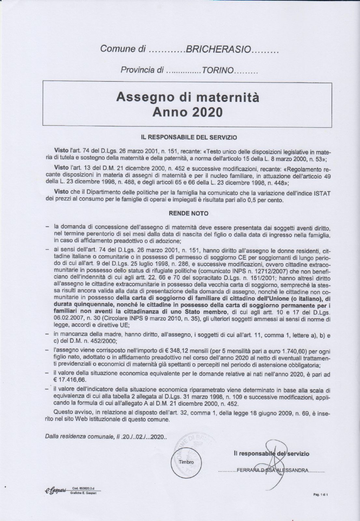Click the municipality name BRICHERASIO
click(218, 49)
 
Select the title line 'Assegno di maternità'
click(188, 97)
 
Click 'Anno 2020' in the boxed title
click(188, 112)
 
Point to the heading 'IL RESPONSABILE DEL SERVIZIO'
click(189, 137)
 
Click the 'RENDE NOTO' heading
click(188, 214)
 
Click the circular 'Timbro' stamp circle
click(186, 462)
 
